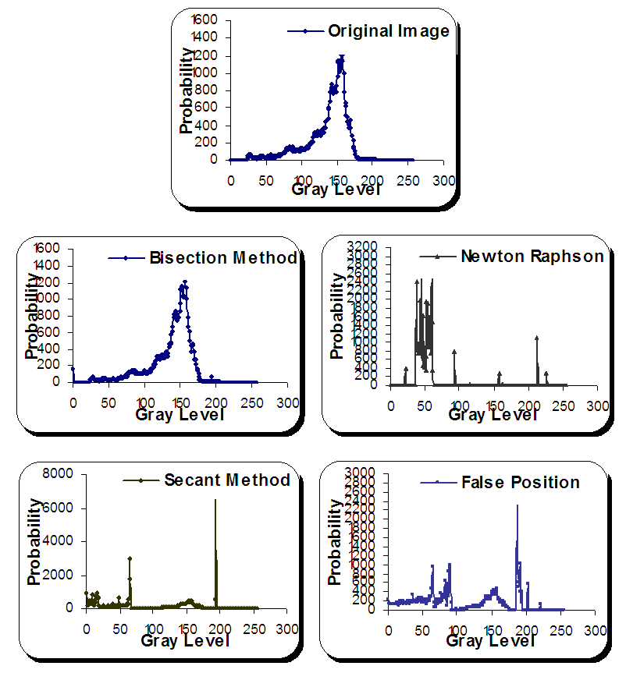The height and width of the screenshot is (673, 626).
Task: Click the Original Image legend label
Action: (388, 31)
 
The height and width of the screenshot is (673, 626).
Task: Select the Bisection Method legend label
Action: (222, 258)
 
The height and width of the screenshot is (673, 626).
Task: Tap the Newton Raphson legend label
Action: (532, 257)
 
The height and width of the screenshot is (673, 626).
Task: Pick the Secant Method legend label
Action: (226, 480)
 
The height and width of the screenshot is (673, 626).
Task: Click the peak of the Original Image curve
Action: (341, 57)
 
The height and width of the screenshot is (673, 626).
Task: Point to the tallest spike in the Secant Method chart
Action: (215, 500)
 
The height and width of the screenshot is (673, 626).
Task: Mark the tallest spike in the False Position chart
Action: (517, 505)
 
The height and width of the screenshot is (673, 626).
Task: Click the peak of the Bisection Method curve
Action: (185, 282)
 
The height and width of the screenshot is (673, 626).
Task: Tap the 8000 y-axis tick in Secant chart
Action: (62, 473)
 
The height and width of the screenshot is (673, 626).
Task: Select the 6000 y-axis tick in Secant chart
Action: (62, 507)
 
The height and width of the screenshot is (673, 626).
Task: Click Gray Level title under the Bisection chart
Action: (180, 414)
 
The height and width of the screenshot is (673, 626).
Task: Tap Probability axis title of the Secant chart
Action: (34, 540)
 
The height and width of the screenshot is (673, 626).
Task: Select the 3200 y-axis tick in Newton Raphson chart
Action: (365, 246)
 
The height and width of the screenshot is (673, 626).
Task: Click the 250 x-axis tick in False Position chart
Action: (561, 629)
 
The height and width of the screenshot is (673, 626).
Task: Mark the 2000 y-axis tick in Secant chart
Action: (62, 574)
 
